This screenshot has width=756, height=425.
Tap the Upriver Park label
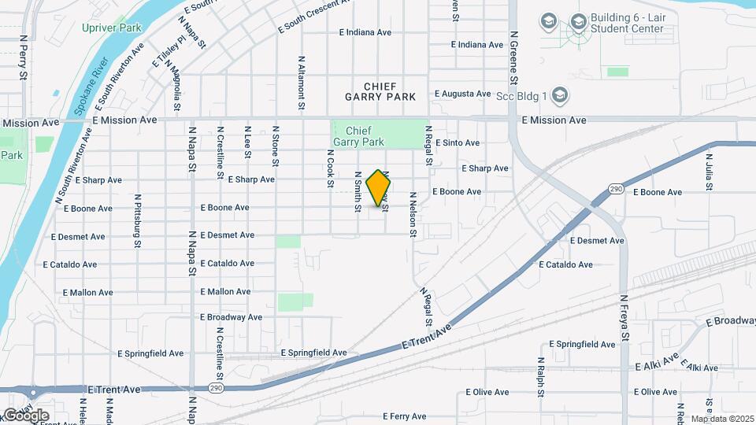[x=112, y=28]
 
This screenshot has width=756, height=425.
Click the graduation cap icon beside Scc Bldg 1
[x=559, y=95]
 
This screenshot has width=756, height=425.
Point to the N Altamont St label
[x=301, y=82]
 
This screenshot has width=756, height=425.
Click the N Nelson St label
[x=412, y=214]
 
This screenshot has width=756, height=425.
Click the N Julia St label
[x=709, y=172]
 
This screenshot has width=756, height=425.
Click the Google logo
[x=25, y=416]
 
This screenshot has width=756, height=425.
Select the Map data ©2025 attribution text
[x=722, y=419]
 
